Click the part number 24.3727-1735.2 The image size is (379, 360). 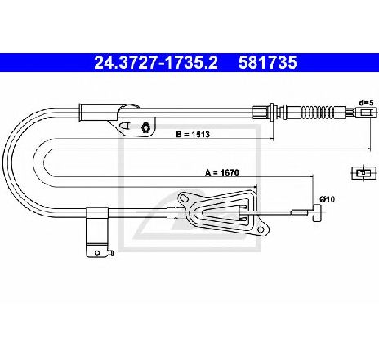156,62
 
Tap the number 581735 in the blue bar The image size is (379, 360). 268,62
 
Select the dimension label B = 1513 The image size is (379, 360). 193,134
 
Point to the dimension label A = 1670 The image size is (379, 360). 222,172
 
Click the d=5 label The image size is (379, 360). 367,103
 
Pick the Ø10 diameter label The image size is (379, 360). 328,199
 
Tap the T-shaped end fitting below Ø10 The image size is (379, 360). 317,213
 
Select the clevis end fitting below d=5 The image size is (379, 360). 366,112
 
